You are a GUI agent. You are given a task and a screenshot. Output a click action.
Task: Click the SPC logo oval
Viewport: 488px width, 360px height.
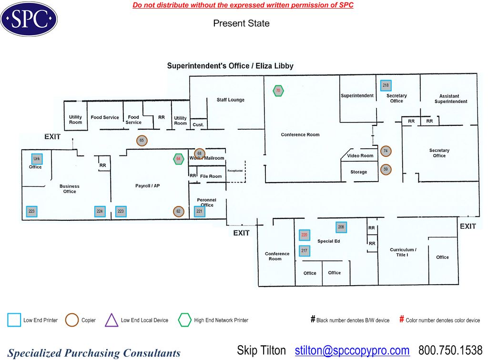pos(29,19)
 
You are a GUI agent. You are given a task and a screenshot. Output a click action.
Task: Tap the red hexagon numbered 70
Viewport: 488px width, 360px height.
pos(278,91)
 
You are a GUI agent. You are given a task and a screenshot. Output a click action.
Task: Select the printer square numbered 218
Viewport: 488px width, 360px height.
pos(386,85)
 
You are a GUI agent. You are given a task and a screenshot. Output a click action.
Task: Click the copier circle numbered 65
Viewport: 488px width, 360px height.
pos(142,141)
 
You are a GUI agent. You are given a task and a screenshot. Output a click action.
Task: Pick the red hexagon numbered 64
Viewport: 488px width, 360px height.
pos(179,159)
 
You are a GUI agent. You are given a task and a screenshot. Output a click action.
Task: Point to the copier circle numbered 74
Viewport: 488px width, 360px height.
pos(386,151)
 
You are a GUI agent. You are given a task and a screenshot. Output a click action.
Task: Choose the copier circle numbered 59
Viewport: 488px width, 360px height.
pos(386,169)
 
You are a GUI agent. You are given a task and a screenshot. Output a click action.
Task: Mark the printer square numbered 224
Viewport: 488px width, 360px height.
pos(100,211)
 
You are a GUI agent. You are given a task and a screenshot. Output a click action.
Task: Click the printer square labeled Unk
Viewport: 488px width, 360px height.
pos(37,159)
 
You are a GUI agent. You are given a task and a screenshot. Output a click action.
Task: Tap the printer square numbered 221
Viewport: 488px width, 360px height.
pos(199,211)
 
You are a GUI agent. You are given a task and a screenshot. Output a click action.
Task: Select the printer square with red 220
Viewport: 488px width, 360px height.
pos(305,235)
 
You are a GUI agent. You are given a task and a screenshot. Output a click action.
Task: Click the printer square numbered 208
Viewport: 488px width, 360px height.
pos(341,227)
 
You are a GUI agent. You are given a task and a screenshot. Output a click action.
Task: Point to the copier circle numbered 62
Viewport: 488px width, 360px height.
pos(178,211)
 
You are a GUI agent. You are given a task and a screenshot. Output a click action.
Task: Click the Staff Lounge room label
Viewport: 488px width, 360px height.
pos(230,100)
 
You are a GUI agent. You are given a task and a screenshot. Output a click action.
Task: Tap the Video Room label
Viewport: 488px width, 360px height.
pos(360,156)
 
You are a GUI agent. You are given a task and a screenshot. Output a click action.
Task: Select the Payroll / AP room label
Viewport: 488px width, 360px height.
pos(147,186)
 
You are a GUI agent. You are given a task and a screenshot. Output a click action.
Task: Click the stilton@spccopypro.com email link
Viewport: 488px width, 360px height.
pos(352,351)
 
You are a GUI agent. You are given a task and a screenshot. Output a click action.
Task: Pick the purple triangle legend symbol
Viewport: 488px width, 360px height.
pos(112,320)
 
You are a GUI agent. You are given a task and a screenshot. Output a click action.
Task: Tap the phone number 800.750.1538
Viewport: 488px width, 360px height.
pos(450,351)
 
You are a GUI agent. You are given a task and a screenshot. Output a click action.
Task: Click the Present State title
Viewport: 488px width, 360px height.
pos(241,23)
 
